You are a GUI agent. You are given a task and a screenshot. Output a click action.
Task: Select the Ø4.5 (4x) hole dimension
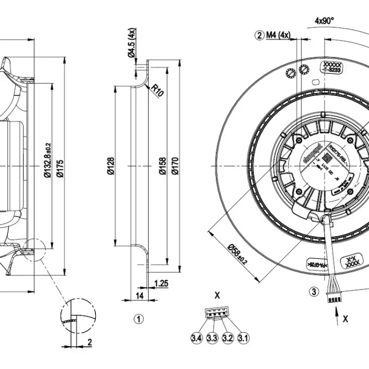tap(131, 43)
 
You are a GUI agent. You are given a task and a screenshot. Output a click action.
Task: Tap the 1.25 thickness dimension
tap(161, 283)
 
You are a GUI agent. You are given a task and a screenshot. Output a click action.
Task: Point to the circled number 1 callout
tap(138, 319)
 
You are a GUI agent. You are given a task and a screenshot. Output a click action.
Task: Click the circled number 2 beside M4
tap(260, 35)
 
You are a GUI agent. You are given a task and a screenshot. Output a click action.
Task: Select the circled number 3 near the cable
tap(314, 291)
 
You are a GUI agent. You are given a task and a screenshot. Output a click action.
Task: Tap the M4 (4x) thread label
tap(278, 35)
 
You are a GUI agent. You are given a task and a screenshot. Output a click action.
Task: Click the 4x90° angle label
tap(324, 20)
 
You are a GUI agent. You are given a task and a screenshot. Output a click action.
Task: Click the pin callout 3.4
tap(196, 338)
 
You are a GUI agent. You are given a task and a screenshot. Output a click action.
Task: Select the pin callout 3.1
tap(243, 338)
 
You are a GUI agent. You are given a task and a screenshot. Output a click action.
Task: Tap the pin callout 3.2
tap(227, 338)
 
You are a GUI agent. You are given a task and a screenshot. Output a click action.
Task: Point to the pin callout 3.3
tap(212, 338)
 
